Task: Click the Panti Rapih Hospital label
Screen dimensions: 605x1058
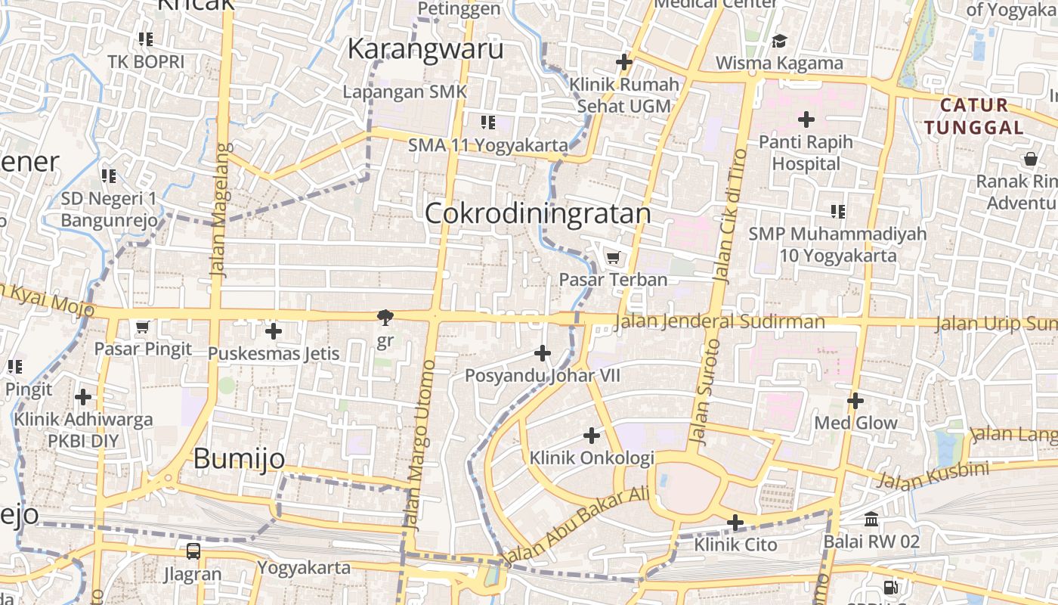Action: [x=806, y=153]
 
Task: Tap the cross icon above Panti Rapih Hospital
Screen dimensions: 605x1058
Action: [x=806, y=119]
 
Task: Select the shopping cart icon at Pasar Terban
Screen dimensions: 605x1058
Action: [x=614, y=258]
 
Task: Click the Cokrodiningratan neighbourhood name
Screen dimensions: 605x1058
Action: [x=537, y=214]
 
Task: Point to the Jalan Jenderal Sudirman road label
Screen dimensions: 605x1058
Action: [x=720, y=322]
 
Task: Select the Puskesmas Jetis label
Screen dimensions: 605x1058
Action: [x=274, y=353]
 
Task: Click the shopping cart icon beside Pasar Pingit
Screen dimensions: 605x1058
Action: [x=142, y=327]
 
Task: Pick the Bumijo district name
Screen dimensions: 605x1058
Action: [x=239, y=458]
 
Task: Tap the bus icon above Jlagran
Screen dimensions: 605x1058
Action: [x=193, y=551]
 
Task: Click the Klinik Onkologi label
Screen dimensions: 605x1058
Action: [x=592, y=458]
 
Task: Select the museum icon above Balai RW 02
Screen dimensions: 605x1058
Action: [x=871, y=520]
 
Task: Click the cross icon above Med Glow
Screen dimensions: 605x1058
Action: [x=855, y=401]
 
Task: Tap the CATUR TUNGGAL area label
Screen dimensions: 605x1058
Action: [x=974, y=116]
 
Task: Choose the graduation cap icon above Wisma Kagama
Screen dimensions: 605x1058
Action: [x=779, y=41]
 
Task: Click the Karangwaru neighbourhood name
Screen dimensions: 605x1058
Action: [x=425, y=49]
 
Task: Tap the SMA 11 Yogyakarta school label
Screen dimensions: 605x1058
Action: [x=488, y=144]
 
